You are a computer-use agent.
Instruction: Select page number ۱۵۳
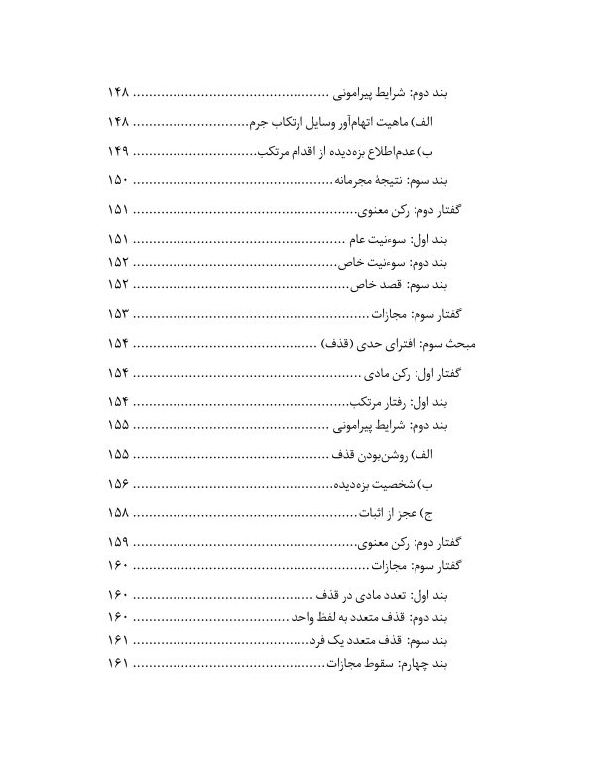pyautogui.click(x=118, y=314)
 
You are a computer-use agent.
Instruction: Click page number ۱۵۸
pyautogui.click(x=118, y=513)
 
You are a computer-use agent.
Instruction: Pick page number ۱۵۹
pyautogui.click(x=118, y=543)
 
